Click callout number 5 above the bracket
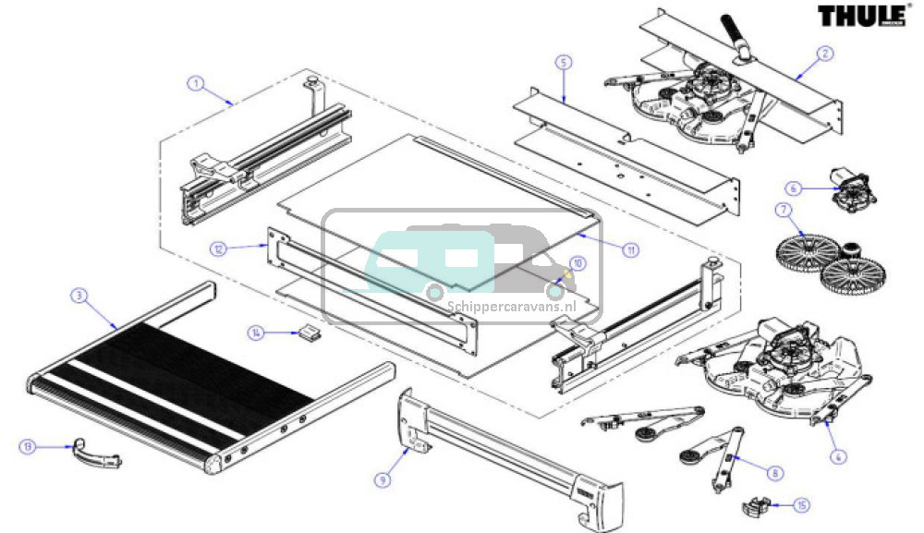coord(564,62)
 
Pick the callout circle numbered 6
coord(791,188)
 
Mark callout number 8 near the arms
coord(774,472)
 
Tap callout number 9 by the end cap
coord(383,478)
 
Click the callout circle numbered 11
coord(631,249)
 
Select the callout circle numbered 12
coord(218,248)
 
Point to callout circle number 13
coord(29,447)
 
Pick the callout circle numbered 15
coord(801,505)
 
